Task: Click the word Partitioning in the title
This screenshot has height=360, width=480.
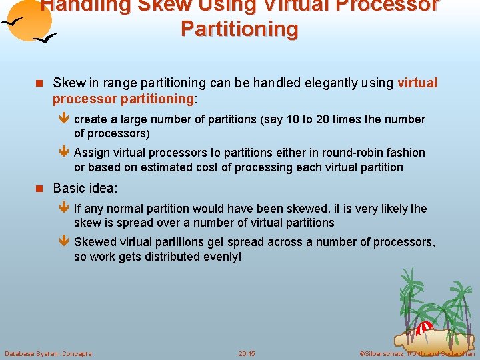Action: tap(239, 29)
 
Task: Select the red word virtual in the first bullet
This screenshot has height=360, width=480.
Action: tap(417, 83)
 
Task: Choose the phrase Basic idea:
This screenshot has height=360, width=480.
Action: tap(85, 188)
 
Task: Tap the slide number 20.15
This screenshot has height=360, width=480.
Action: tap(247, 353)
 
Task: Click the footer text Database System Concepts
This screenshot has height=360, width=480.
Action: tap(48, 353)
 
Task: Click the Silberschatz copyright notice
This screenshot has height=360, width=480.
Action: tap(417, 353)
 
